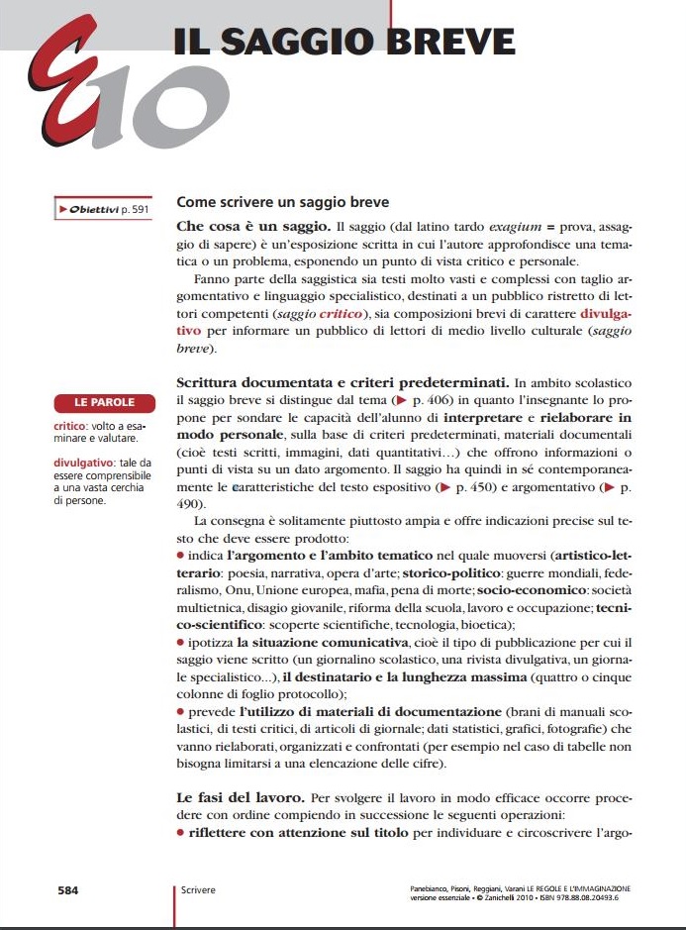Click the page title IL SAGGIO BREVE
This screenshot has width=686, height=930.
point(344,41)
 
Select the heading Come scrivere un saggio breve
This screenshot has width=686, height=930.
point(282,202)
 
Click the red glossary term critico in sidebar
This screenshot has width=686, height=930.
point(70,426)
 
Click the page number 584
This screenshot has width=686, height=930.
point(68,890)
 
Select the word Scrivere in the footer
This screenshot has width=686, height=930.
point(199,890)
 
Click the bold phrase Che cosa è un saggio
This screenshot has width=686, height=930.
point(244,227)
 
